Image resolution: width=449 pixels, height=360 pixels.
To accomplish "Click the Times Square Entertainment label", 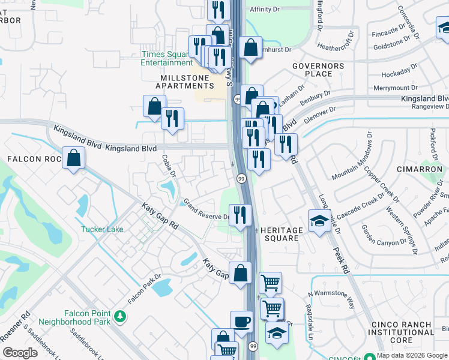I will (x=167, y=58).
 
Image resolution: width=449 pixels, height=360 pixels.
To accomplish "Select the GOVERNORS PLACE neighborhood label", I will (x=318, y=70).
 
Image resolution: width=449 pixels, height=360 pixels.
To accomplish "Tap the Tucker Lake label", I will (x=103, y=229).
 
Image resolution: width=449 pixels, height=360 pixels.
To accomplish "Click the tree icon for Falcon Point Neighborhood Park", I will (x=119, y=316).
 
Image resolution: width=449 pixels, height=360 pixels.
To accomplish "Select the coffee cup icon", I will (x=242, y=322).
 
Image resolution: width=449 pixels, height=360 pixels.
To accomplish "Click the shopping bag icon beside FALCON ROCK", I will (x=73, y=158).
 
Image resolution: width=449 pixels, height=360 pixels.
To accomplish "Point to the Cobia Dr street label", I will (x=169, y=166).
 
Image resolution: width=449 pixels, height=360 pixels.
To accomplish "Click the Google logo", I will (x=20, y=353).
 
